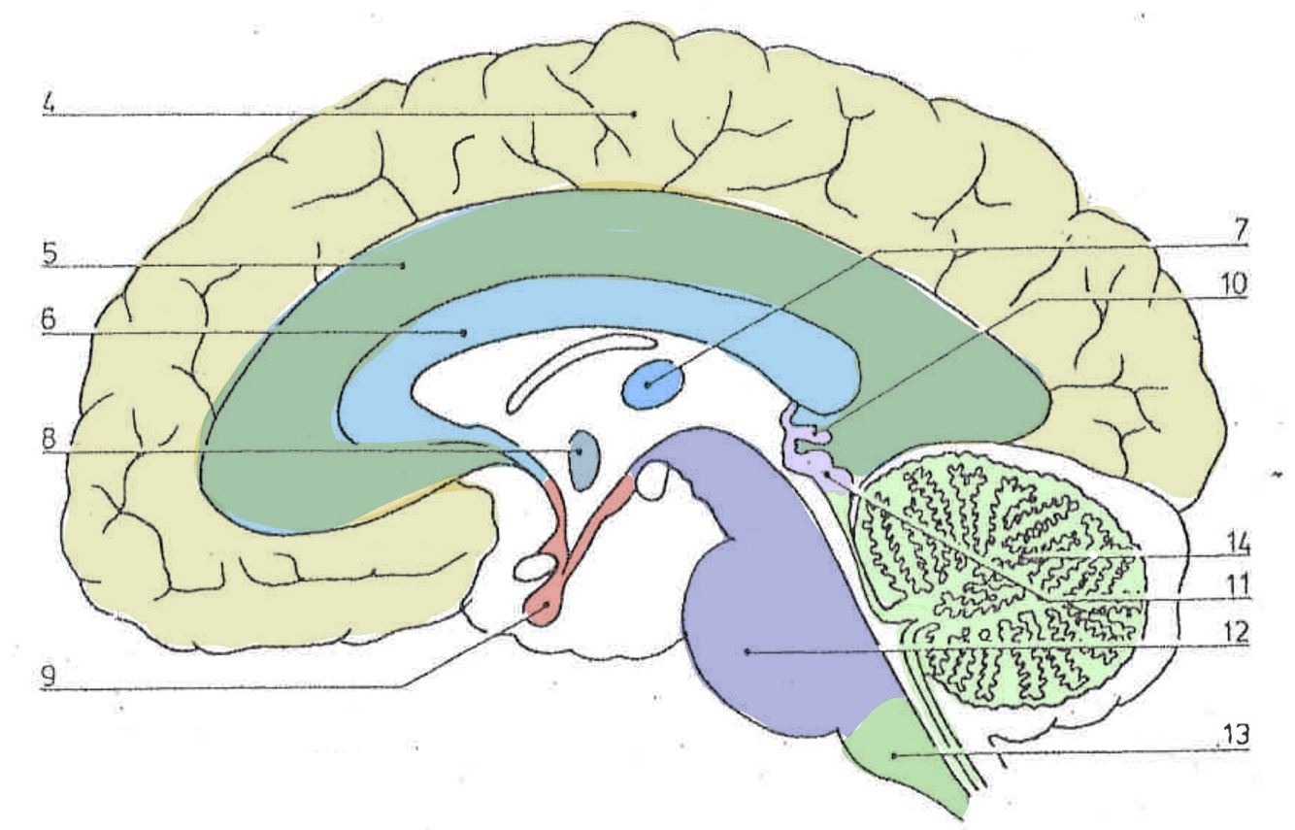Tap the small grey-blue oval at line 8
(x=581, y=451)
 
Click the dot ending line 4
(x=635, y=114)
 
